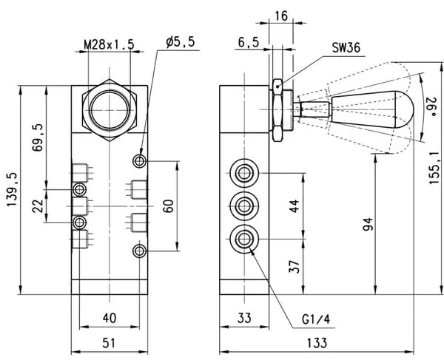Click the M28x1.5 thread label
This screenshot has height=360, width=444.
109,45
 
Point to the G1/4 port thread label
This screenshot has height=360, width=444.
314,320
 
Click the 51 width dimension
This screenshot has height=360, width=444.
109,343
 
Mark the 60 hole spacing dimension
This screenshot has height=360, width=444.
168,206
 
